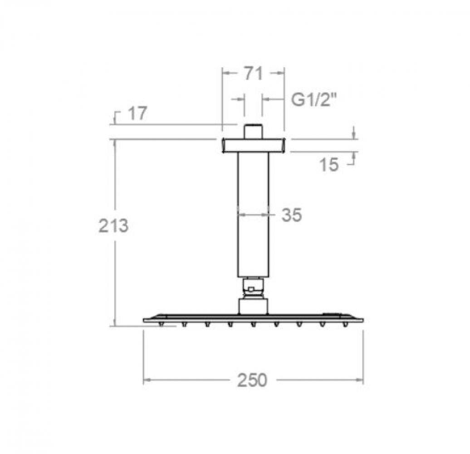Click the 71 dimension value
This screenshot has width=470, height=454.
pyautogui.click(x=253, y=74)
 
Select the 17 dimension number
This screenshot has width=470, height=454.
pyautogui.click(x=137, y=113)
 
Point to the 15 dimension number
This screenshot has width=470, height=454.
pyautogui.click(x=329, y=164)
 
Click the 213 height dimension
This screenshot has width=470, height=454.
pyautogui.click(x=113, y=226)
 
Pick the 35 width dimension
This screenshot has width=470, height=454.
pyautogui.click(x=292, y=215)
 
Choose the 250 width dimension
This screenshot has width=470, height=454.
pyautogui.click(x=252, y=380)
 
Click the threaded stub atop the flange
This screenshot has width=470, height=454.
pyautogui.click(x=253, y=131)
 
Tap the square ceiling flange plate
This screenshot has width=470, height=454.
pyautogui.click(x=254, y=145)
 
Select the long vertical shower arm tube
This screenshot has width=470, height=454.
pyautogui.click(x=253, y=215)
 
